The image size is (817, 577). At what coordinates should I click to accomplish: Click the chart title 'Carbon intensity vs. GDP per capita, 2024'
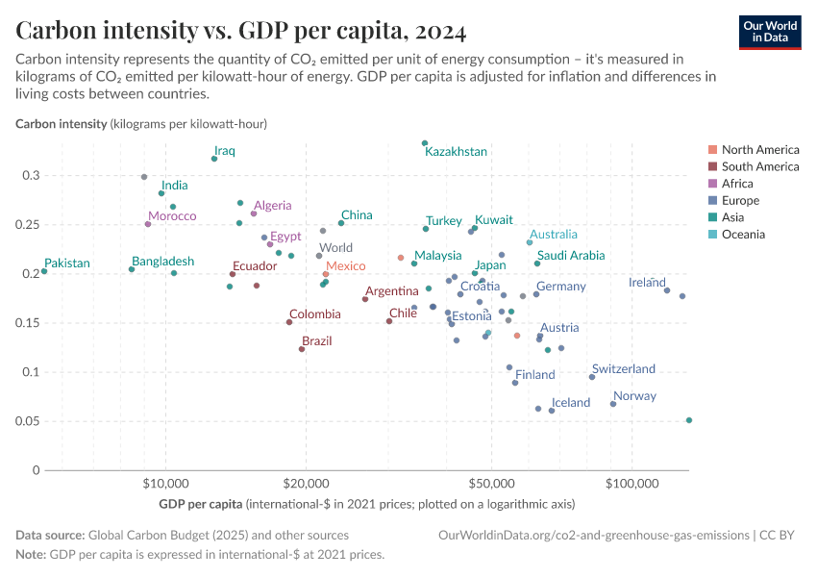(x=241, y=31)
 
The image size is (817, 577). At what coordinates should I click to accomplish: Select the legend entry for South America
(x=759, y=166)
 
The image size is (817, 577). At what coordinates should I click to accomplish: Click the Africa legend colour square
(x=712, y=184)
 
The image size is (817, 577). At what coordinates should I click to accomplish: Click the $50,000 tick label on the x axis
(x=491, y=485)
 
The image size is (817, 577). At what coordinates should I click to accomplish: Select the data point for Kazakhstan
(x=425, y=143)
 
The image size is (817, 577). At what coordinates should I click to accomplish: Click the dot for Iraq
(x=214, y=159)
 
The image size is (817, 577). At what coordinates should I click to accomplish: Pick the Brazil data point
(x=302, y=349)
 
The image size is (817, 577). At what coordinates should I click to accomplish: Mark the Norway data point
(x=613, y=404)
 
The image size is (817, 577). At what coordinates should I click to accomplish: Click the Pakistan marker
(x=44, y=271)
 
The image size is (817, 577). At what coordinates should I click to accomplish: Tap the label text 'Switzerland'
(x=623, y=369)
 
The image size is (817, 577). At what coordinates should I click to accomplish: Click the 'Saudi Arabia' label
(x=571, y=256)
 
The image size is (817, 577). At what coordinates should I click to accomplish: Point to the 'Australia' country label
(x=553, y=235)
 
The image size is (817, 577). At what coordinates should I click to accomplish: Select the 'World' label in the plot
(x=335, y=248)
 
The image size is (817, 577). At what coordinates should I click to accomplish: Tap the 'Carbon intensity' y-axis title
(x=61, y=124)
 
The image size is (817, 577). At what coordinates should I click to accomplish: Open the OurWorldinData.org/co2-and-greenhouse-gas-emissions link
(x=593, y=535)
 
